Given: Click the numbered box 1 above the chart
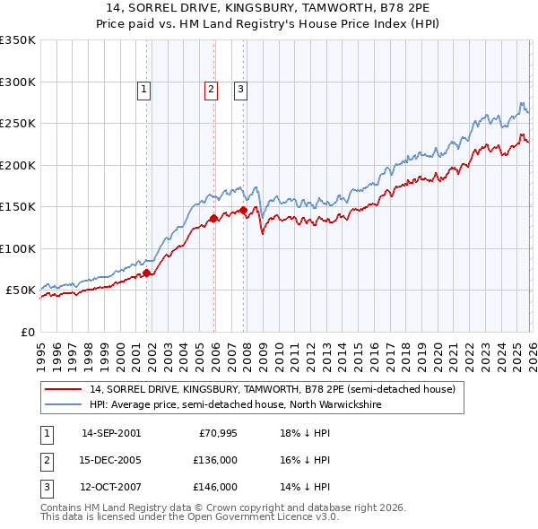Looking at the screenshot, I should (144, 89).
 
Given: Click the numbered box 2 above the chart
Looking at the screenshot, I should (211, 89).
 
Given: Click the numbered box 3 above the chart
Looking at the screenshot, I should (241, 89).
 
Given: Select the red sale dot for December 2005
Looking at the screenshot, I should (213, 218).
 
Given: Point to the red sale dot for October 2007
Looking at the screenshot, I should (243, 210).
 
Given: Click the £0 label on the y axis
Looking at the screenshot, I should (27, 332).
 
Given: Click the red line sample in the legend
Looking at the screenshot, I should (63, 389).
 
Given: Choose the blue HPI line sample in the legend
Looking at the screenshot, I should (63, 404).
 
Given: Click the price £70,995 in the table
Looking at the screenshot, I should (217, 433).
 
